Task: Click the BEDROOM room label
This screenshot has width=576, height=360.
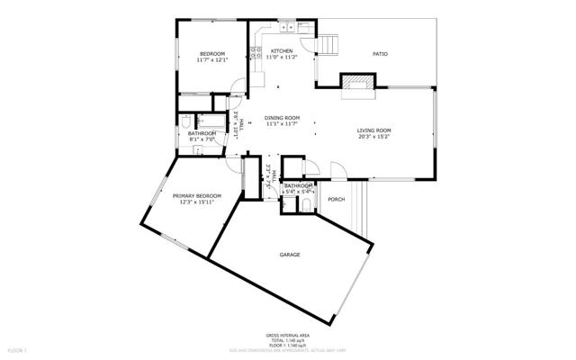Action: [211, 54]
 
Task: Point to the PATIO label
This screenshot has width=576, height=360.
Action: [381, 54]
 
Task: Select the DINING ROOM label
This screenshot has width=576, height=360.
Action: [282, 117]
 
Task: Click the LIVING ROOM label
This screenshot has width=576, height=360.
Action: [374, 130]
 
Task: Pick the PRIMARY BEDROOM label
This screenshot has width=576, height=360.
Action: [197, 195]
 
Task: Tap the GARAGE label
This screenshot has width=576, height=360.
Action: [290, 255]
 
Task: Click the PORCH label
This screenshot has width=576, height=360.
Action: [336, 199]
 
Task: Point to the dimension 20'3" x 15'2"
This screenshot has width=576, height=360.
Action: [374, 136]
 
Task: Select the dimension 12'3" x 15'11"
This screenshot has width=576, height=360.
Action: [197, 202]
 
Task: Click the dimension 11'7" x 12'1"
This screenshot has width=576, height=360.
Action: [211, 60]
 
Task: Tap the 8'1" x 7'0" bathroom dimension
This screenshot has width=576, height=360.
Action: [202, 139]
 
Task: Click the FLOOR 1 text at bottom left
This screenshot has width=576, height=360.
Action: [17, 348]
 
